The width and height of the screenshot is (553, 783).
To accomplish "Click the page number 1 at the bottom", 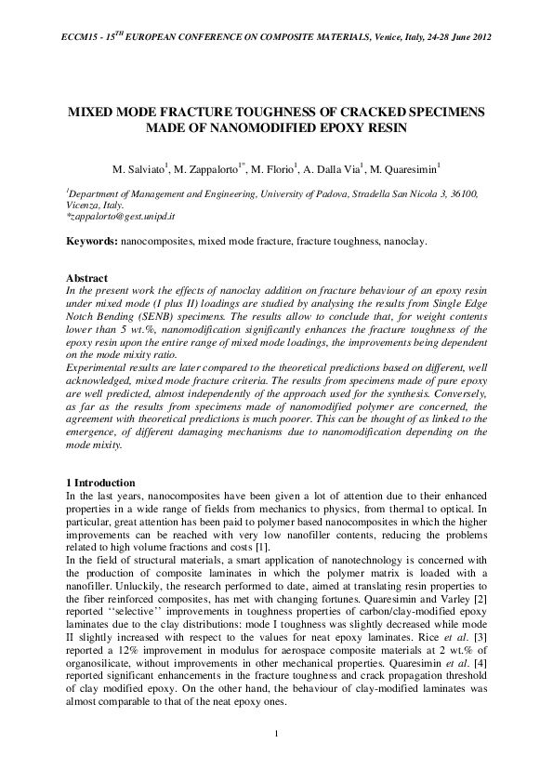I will pos(277,737).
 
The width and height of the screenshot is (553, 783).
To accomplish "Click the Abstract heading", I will pos(86,278).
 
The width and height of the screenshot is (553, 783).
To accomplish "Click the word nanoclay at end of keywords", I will pos(403,242).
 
